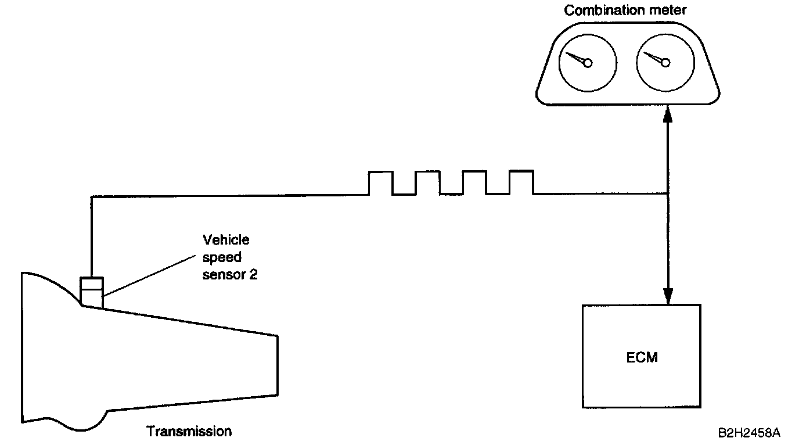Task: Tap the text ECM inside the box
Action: pos(642,357)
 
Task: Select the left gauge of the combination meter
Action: pos(587,63)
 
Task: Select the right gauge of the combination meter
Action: pos(665,63)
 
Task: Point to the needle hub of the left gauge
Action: pos(588,63)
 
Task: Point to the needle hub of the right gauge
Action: pos(665,63)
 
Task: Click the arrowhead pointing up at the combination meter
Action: pos(668,113)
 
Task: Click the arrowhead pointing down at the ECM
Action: pos(668,296)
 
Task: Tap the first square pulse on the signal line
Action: pos(381,182)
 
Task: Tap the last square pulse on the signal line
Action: pos(521,182)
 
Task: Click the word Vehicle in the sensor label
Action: pos(226,239)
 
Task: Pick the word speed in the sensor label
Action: pos(221,257)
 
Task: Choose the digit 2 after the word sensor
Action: pos(253,274)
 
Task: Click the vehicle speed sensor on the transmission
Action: pos(92,290)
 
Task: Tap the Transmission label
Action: pos(189,431)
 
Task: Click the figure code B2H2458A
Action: pos(748,433)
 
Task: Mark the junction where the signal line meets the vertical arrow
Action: pos(668,194)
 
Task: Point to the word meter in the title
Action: pos(668,10)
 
